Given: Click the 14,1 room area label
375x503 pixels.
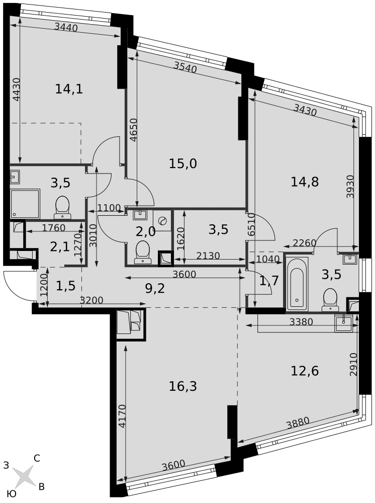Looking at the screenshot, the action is pos(69,89).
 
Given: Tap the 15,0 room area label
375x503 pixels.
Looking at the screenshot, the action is pos(182,164).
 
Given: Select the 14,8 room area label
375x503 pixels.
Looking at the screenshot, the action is pos(305,182).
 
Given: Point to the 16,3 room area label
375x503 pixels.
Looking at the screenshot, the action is pos(182,386).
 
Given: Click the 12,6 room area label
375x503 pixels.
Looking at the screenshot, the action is pos(305,371).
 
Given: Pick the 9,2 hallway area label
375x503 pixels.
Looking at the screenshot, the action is pos(155,288).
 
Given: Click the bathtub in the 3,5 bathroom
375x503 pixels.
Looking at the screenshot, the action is pos(297,284).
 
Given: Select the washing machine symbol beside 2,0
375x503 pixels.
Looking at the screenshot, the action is pos(162,220).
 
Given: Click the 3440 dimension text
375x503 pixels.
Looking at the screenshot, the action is pos(66,28).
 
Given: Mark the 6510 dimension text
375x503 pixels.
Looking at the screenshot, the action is pos(251,224).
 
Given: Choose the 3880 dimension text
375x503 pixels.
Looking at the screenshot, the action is pos(298,423).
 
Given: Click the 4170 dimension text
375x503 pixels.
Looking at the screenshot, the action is pos(122,416).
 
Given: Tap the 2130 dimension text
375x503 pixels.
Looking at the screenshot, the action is pos(208,256).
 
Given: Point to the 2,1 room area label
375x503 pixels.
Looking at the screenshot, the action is pos(60,247).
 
